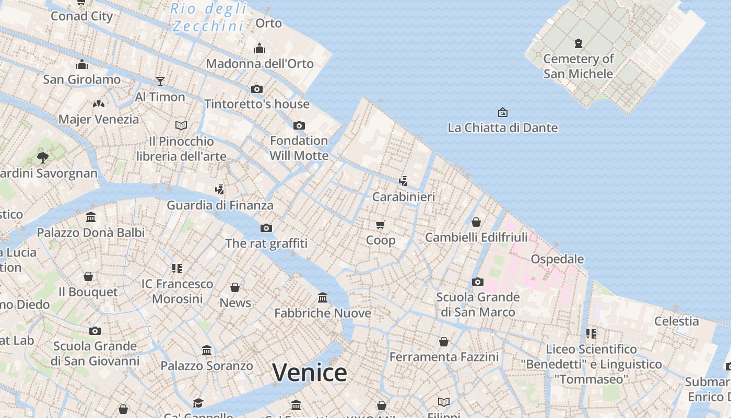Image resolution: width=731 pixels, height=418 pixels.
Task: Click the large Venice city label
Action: [310, 373]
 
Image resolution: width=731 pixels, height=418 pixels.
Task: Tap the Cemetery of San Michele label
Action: [578, 66]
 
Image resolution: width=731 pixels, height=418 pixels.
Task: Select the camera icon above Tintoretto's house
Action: [257, 89]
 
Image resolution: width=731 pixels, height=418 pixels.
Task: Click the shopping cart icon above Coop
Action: [381, 225]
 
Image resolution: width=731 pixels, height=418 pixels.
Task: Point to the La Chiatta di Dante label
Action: [502, 127]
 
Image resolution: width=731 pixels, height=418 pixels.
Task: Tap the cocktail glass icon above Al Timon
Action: [160, 82]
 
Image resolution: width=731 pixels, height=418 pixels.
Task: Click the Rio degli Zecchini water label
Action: [209, 17]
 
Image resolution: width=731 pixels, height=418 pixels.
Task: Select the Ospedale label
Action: [557, 259]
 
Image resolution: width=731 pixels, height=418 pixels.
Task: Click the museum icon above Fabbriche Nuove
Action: [323, 298]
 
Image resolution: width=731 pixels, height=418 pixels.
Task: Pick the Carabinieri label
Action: [403, 197]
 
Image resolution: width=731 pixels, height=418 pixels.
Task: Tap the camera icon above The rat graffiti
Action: [266, 228]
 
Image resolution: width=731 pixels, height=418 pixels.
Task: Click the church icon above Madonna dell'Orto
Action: [260, 49]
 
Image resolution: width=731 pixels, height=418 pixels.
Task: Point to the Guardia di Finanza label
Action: [220, 205]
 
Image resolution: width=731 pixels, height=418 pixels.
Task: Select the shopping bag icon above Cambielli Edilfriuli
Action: [476, 222]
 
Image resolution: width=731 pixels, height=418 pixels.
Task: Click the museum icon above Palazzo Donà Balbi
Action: [91, 217]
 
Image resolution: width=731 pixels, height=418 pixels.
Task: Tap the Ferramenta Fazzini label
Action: [444, 357]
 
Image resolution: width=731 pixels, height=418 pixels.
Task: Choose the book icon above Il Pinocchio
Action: [181, 125]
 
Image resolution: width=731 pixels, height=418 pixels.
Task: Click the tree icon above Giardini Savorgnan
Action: [43, 157]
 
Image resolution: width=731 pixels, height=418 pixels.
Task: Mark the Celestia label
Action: [676, 321]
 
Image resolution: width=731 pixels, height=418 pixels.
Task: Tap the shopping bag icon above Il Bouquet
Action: [88, 276]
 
